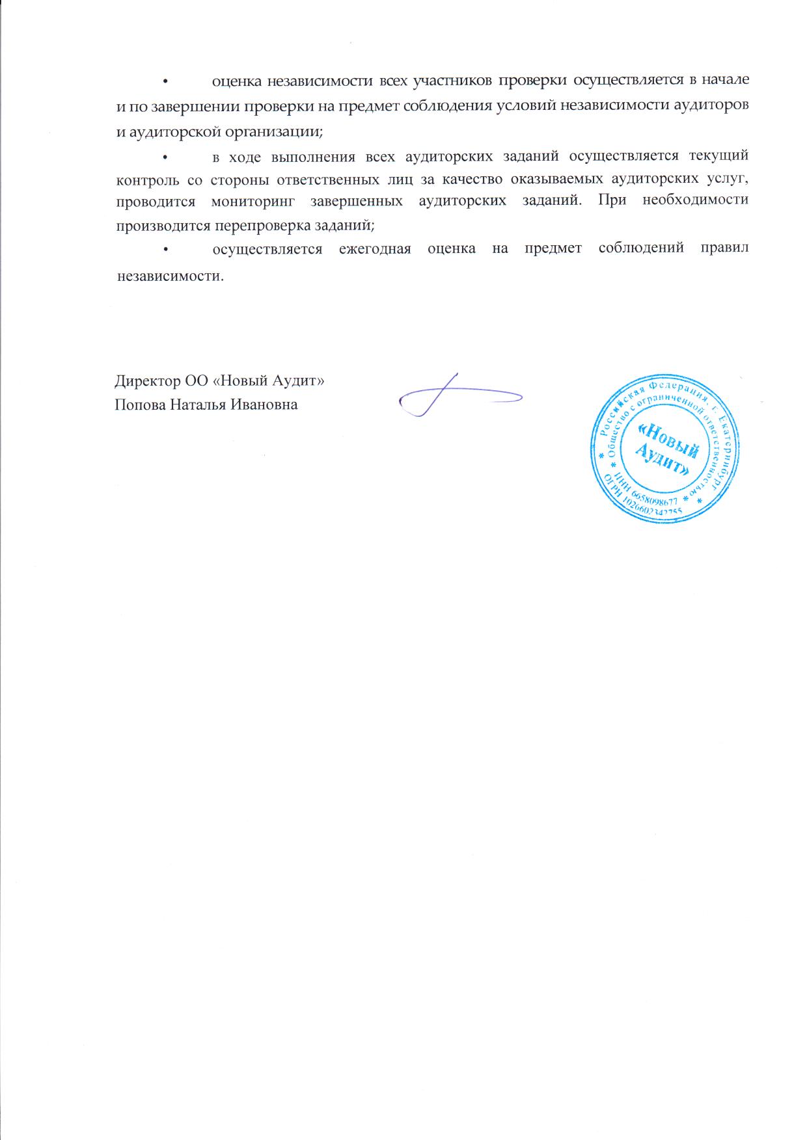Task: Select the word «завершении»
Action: (x=184, y=106)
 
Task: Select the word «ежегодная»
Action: (x=375, y=250)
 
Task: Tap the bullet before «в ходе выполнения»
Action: (x=165, y=157)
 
